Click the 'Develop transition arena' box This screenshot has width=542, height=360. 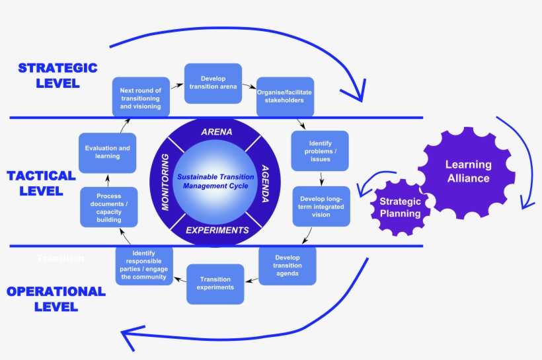(x=213, y=83)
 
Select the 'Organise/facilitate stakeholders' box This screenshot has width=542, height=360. (x=284, y=96)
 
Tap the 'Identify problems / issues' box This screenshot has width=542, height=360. (x=319, y=151)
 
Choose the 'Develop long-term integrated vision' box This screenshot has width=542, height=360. (x=322, y=207)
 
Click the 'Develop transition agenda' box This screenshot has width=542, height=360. (x=287, y=266)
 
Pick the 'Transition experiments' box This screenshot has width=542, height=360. (x=215, y=283)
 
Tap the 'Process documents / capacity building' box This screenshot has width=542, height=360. (x=108, y=207)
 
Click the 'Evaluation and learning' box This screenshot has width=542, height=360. (x=108, y=153)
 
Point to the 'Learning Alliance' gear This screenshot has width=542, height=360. (x=468, y=172)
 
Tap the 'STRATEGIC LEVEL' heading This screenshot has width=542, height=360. (x=58, y=75)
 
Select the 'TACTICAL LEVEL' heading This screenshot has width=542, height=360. (x=41, y=183)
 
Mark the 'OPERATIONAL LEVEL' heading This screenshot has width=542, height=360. (x=56, y=299)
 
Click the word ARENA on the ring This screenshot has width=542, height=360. (x=216, y=131)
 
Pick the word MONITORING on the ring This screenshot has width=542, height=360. (x=166, y=182)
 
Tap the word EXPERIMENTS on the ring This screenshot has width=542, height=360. (x=217, y=231)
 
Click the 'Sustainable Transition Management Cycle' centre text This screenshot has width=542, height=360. (x=216, y=181)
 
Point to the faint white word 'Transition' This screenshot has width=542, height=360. (x=60, y=258)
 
